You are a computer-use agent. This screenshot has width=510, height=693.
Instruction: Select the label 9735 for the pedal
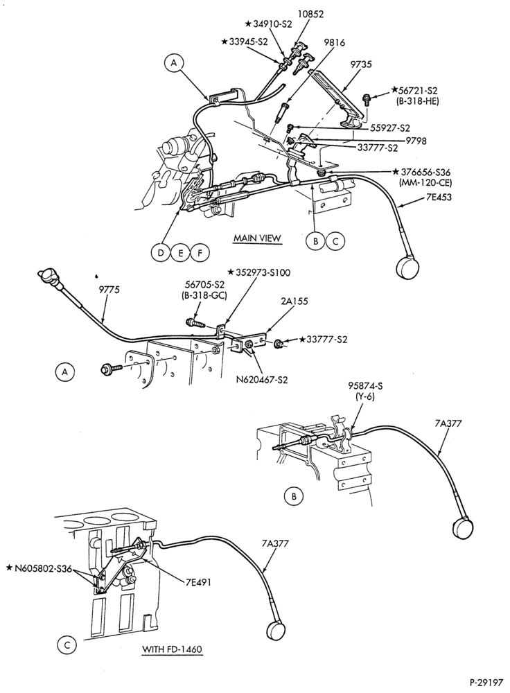click(360, 64)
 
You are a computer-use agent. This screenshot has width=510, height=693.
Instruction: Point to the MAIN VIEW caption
click(257, 238)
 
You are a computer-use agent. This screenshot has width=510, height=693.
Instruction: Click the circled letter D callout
click(159, 253)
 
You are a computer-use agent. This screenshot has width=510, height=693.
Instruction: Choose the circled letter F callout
click(200, 253)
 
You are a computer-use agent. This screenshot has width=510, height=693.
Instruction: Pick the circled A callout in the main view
click(174, 64)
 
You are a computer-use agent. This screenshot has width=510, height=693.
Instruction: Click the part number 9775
click(109, 290)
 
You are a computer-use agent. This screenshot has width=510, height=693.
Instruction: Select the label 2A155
click(294, 301)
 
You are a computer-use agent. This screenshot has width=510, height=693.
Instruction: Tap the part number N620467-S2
click(263, 379)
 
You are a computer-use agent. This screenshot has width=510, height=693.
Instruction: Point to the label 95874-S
click(365, 386)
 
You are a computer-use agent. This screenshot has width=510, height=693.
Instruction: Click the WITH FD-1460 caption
click(172, 650)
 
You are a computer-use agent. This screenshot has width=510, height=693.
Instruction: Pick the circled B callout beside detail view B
click(293, 497)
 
